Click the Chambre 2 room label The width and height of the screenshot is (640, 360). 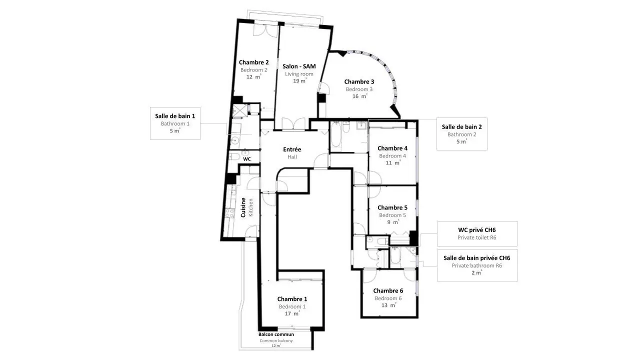click(x=253, y=62)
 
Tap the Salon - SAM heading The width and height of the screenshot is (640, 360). click(x=299, y=66)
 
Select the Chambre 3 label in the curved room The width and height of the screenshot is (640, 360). click(x=359, y=81)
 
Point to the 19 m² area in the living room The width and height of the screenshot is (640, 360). click(x=299, y=81)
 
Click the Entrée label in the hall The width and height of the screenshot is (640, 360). click(x=292, y=149)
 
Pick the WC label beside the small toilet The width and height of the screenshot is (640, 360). click(x=247, y=159)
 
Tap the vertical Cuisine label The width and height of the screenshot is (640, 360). click(x=243, y=207)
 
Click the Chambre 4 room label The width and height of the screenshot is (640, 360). click(x=392, y=148)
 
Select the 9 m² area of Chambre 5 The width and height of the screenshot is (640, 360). click(x=393, y=222)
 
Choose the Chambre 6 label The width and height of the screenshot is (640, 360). click(x=388, y=290)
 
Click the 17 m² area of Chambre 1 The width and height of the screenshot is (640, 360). click(x=292, y=313)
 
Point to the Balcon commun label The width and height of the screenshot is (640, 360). click(x=276, y=334)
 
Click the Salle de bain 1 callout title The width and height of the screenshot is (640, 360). click(x=175, y=116)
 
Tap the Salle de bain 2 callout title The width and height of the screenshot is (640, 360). click(x=461, y=127)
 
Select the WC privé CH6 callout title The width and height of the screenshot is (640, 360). click(x=477, y=230)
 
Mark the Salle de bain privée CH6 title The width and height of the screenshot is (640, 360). click(x=477, y=258)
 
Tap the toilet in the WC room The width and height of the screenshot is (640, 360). click(x=234, y=156)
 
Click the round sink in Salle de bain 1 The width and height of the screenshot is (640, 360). click(x=235, y=140)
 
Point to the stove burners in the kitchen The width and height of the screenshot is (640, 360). click(x=229, y=213)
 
